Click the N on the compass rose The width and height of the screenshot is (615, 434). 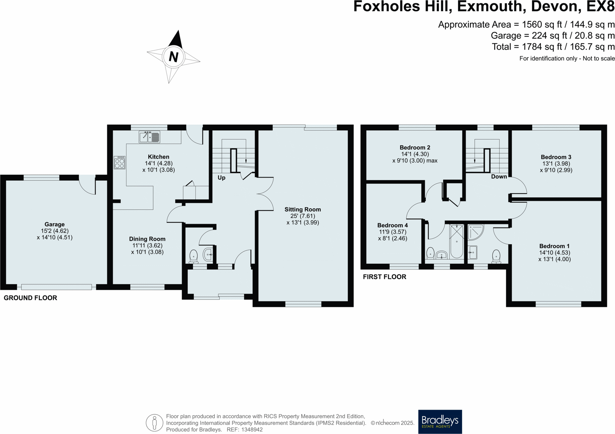pyautogui.click(x=173, y=57)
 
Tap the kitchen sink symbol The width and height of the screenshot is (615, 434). pyautogui.click(x=149, y=137)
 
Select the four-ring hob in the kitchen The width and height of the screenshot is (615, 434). pyautogui.click(x=119, y=163)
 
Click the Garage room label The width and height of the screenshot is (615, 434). pyautogui.click(x=55, y=224)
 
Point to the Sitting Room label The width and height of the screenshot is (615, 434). pyautogui.click(x=303, y=209)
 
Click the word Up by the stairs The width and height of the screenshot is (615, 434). pyautogui.click(x=221, y=178)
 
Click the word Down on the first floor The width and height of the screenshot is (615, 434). pyautogui.click(x=499, y=177)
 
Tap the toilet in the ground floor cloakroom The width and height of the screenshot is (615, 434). pyautogui.click(x=194, y=256)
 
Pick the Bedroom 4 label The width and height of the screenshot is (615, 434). pyautogui.click(x=392, y=225)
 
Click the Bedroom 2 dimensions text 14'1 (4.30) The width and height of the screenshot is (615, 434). pyautogui.click(x=415, y=154)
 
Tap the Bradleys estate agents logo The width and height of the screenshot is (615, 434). pyautogui.click(x=440, y=422)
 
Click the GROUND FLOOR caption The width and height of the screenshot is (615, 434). pyautogui.click(x=30, y=298)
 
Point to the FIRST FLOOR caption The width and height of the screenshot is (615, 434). pyautogui.click(x=385, y=277)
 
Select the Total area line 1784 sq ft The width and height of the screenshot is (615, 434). pyautogui.click(x=553, y=47)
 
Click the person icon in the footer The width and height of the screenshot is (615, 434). pyautogui.click(x=154, y=423)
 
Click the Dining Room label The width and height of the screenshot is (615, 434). pyautogui.click(x=147, y=239)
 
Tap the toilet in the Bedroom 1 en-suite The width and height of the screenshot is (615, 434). pyautogui.click(x=496, y=256)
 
